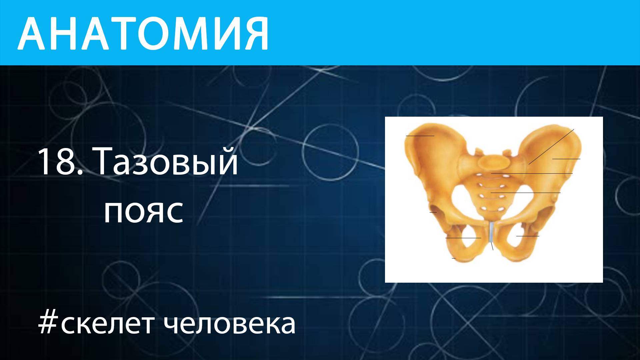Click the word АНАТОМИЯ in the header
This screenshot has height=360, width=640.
point(143,33)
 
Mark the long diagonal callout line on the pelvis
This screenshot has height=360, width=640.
point(551,147)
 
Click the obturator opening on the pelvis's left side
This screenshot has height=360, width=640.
point(463,237)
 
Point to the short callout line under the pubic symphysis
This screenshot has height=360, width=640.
point(492,246)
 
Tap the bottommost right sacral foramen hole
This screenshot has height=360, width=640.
point(500,209)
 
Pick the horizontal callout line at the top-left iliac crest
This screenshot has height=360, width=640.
point(420,136)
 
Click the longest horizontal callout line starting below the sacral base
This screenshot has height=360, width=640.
point(532,173)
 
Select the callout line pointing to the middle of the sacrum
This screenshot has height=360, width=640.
point(525,193)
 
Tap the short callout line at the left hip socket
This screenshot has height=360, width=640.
point(433,212)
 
